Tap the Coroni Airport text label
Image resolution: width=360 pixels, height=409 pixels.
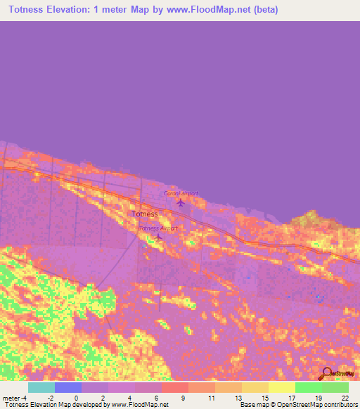tap(181, 193)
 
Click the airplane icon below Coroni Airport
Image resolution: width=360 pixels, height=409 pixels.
tap(181, 203)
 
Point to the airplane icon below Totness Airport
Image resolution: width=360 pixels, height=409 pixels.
tap(158, 237)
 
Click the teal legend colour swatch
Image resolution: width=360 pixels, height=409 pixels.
tap(41, 387)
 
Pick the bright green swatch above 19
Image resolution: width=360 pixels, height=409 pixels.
tap(308, 387)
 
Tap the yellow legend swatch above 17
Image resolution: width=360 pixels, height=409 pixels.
tap(281, 387)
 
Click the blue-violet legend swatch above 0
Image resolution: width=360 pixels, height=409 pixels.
tap(68, 387)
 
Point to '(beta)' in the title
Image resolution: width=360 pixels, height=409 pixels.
tap(265, 10)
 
